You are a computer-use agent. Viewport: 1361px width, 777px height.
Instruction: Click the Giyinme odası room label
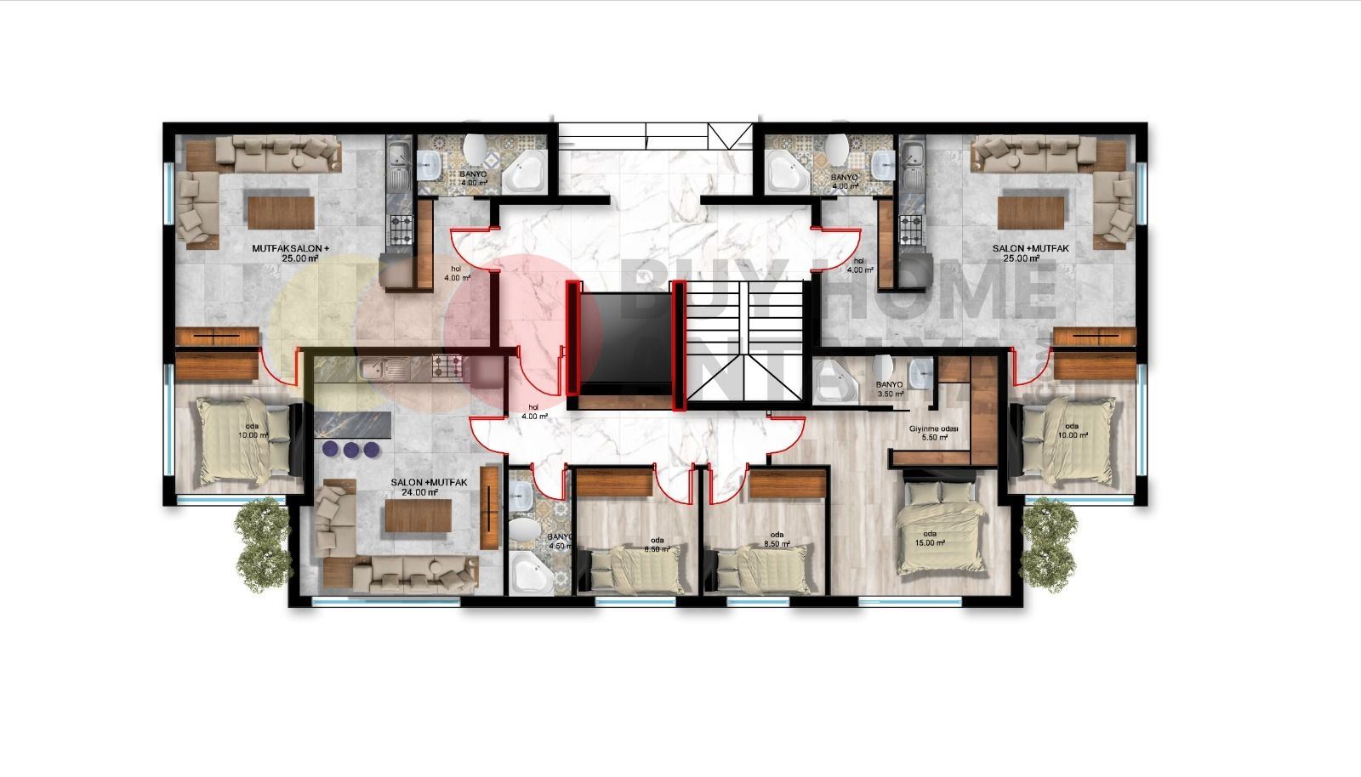point(933,429)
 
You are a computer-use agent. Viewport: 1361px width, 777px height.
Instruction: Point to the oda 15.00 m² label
point(930,538)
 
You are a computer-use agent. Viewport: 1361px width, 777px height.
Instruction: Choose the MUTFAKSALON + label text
point(289,249)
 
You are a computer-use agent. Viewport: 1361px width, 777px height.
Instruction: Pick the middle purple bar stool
point(350,449)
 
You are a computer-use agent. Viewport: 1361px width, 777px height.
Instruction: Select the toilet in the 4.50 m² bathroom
point(522,532)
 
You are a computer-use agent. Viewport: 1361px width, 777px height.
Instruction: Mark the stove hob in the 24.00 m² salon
point(447,367)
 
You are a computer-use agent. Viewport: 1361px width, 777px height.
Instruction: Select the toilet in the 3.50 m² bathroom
point(883,366)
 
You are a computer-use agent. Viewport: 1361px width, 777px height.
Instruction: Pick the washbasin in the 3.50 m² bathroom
point(918,371)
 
